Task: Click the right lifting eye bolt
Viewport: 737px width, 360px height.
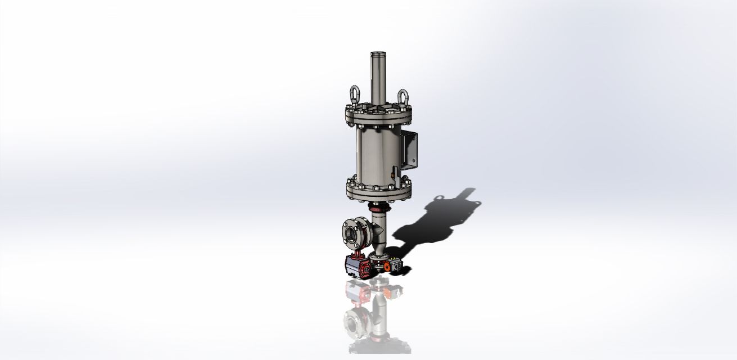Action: (x=403, y=97)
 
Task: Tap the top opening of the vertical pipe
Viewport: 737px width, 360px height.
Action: (x=378, y=53)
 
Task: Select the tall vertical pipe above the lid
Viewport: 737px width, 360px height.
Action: (x=378, y=79)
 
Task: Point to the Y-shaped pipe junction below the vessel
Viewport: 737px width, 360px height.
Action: (x=379, y=231)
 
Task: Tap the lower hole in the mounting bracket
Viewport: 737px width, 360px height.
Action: (x=413, y=161)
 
